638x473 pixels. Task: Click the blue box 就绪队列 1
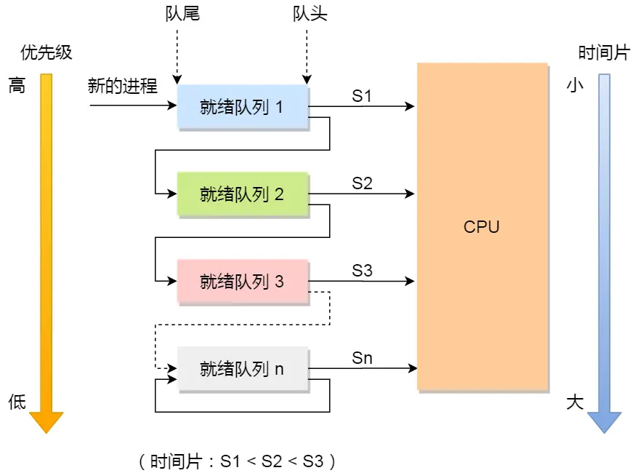243,108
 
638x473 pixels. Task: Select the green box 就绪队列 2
243,194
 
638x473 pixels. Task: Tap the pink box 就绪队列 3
243,282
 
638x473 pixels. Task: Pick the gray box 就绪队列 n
243,369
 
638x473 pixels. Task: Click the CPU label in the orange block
482,226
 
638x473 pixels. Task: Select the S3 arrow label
362,271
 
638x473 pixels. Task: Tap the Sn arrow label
362,357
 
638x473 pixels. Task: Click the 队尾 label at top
182,14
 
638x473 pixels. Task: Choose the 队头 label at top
310,14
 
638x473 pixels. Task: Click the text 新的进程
123,86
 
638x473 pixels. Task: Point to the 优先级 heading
47,53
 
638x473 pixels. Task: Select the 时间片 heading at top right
603,53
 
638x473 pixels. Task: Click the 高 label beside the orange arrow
17,86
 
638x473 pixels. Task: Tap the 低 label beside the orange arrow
17,402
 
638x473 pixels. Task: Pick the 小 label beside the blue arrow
575,86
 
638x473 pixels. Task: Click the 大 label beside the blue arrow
575,402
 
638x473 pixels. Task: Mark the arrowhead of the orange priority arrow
47,421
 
